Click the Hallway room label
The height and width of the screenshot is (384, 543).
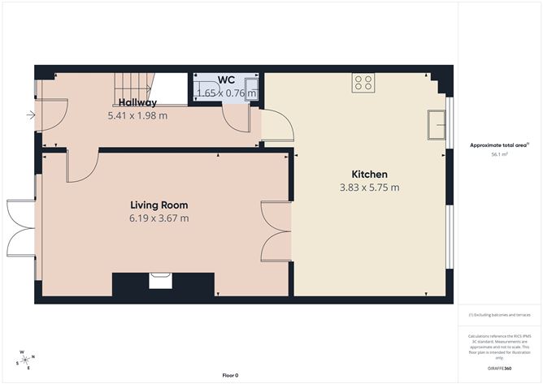(137, 103)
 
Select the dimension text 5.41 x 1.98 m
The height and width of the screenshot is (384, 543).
(137, 116)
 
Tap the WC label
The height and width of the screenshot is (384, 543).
(226, 80)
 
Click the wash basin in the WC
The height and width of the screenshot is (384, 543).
(253, 87)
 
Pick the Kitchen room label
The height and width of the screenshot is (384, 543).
(368, 175)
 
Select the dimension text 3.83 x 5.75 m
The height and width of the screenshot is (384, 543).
(368, 188)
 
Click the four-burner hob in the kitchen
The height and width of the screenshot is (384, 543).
(363, 82)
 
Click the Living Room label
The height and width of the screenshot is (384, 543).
(160, 205)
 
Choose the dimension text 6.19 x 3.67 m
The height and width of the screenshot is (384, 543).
(160, 218)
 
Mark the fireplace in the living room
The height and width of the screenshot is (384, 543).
(160, 283)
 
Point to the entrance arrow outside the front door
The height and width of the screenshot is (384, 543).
(30, 115)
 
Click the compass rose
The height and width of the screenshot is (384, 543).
(26, 360)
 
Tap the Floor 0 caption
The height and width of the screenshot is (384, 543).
(230, 375)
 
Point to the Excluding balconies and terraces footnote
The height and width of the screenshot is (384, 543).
(500, 315)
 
